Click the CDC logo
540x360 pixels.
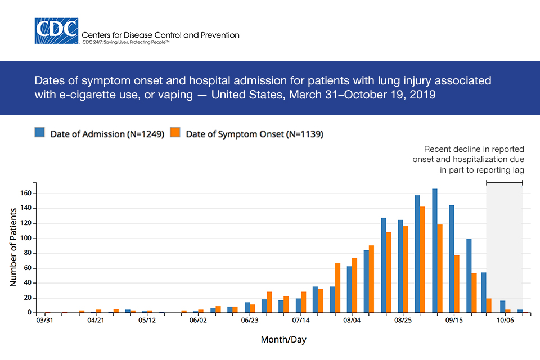coord(57,31)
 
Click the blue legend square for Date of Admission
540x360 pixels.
coord(39,133)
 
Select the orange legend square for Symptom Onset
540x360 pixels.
coord(175,133)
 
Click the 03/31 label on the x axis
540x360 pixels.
coord(45,321)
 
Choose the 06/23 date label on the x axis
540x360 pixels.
coord(250,321)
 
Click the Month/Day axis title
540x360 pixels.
coord(283,340)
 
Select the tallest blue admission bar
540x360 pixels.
coord(435,251)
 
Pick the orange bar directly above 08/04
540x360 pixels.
coord(355,285)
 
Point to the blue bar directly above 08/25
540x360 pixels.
coord(400,266)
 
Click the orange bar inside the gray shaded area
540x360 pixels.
coord(508,311)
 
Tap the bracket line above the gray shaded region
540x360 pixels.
coord(504,182)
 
